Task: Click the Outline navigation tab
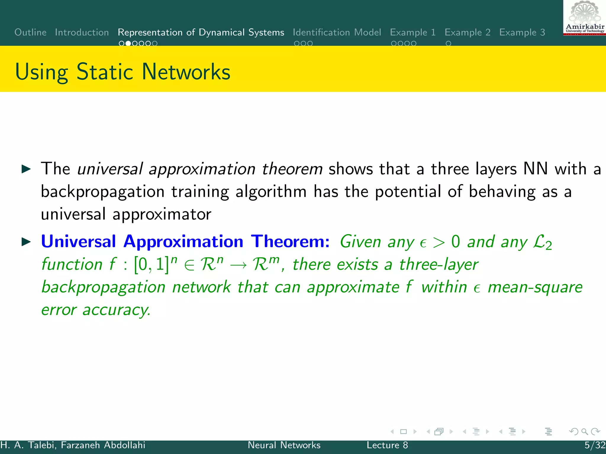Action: click(x=30, y=32)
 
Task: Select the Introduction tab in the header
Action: click(x=82, y=32)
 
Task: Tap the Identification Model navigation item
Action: click(x=337, y=32)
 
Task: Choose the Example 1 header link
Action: click(x=413, y=32)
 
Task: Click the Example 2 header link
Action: click(x=468, y=32)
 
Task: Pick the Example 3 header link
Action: click(x=522, y=32)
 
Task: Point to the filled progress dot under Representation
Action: click(x=128, y=43)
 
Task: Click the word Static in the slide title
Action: click(x=105, y=72)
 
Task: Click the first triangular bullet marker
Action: click(x=26, y=169)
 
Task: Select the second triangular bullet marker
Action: click(x=26, y=242)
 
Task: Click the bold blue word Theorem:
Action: click(x=290, y=241)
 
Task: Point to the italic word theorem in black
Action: click(x=292, y=169)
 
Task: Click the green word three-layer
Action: click(x=439, y=264)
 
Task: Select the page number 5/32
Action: click(x=595, y=445)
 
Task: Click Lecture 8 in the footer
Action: click(x=387, y=445)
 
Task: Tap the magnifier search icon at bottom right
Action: click(x=584, y=432)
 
